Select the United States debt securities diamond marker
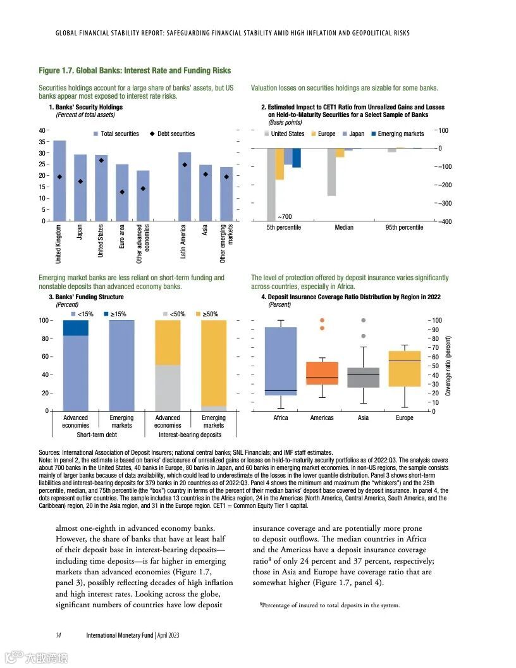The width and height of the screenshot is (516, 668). tap(101, 161)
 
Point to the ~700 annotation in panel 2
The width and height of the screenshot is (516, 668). tap(284, 217)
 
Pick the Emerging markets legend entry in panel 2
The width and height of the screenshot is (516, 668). tap(396, 134)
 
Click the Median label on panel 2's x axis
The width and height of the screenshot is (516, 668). tap(344, 227)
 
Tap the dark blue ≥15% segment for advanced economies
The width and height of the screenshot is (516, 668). tap(76, 328)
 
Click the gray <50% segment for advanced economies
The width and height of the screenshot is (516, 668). tap(168, 388)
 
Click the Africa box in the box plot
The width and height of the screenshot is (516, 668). tap(280, 361)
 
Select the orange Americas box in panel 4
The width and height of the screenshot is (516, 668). tap(322, 373)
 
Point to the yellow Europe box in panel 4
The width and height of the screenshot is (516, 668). tap(405, 368)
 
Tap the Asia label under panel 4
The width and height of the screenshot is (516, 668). tap(363, 418)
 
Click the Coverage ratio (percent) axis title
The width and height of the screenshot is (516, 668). tap(448, 366)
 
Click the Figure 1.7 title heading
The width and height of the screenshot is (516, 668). tap(135, 71)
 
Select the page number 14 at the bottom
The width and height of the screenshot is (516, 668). tap(58, 635)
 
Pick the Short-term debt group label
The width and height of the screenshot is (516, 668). tap(98, 435)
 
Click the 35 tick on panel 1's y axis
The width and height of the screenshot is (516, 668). tap(42, 142)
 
